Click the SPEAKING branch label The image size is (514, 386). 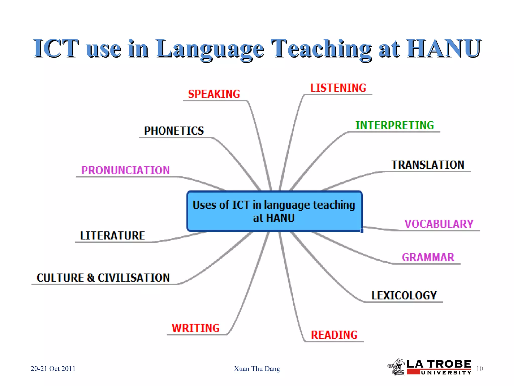pyautogui.click(x=214, y=94)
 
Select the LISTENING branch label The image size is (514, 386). pyautogui.click(x=338, y=88)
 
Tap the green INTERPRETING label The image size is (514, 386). pyautogui.click(x=395, y=125)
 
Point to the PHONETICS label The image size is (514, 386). pyautogui.click(x=174, y=131)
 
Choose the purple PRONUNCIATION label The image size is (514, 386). pyautogui.click(x=125, y=170)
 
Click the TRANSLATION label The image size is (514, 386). pyautogui.click(x=428, y=165)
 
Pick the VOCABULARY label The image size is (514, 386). pyautogui.click(x=439, y=224)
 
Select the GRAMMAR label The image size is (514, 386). pyautogui.click(x=428, y=257)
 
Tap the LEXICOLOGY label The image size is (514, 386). pyautogui.click(x=404, y=295)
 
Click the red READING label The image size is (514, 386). pyautogui.click(x=334, y=335)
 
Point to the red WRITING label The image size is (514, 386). pyautogui.click(x=196, y=328)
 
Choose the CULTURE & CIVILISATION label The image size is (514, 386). pyautogui.click(x=103, y=278)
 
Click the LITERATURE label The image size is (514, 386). pyautogui.click(x=112, y=235)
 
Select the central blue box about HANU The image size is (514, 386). pyautogui.click(x=274, y=211)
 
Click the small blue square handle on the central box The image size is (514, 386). pyautogui.click(x=362, y=231)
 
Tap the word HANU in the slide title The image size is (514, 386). pyautogui.click(x=443, y=49)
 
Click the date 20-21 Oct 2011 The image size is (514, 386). pyautogui.click(x=53, y=369)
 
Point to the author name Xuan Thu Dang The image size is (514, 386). pyautogui.click(x=257, y=369)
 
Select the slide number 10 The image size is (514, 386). pyautogui.click(x=479, y=369)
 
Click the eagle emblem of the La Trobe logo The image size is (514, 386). pyautogui.click(x=397, y=367)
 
